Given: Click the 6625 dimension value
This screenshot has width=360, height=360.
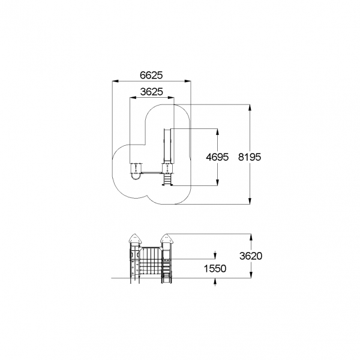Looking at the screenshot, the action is pyautogui.click(x=151, y=75).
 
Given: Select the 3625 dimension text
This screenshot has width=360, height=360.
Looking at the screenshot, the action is pyautogui.click(x=152, y=92).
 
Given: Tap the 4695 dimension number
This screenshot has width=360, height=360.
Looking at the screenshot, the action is pyautogui.click(x=217, y=157).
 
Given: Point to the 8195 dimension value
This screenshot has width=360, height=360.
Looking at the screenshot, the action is pyautogui.click(x=250, y=157).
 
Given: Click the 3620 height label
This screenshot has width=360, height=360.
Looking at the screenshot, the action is pyautogui.click(x=251, y=256).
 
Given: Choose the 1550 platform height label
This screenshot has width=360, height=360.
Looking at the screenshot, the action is pyautogui.click(x=215, y=268).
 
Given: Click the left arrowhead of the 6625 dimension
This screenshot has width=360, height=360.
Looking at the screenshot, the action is pyautogui.click(x=115, y=81).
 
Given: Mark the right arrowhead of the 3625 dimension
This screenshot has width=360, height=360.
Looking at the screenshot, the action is pyautogui.click(x=171, y=98).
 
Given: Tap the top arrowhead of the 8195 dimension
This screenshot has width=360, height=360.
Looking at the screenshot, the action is pyautogui.click(x=250, y=107).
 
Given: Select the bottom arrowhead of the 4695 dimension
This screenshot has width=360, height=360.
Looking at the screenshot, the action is pyautogui.click(x=217, y=182).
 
